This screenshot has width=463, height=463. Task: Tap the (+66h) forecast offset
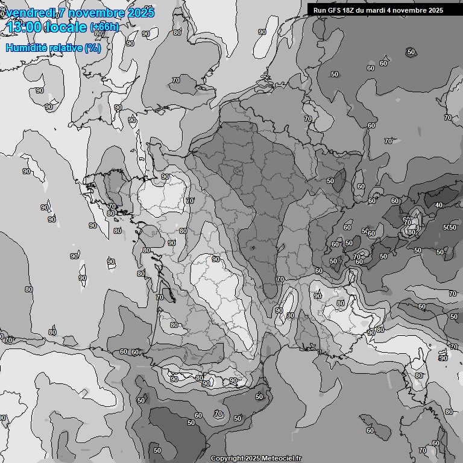pyautogui.click(x=104, y=27)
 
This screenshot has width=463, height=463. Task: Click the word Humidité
pyautogui.click(x=26, y=48)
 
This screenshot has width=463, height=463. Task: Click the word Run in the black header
pyautogui.click(x=319, y=10)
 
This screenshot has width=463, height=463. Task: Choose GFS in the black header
pyautogui.click(x=334, y=10)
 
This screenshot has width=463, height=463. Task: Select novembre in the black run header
pyautogui.click(x=412, y=10)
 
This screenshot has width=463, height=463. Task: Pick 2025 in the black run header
pyautogui.click(x=436, y=10)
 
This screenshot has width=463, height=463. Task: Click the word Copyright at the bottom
pyautogui.click(x=226, y=458)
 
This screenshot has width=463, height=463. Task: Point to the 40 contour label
pyautogui.click(x=438, y=205)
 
